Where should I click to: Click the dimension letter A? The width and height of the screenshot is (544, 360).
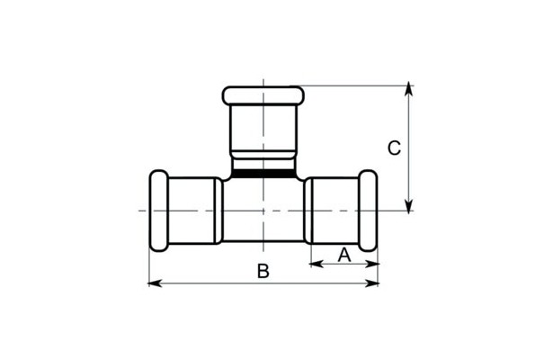click(344, 256)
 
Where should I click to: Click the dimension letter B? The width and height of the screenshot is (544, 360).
click(263, 271)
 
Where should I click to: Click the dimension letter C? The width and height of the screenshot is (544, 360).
click(394, 148)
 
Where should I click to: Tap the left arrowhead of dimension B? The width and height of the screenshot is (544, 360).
click(155, 283)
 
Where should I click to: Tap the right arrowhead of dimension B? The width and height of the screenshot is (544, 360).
click(372, 283)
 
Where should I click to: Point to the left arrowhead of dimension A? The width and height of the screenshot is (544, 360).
click(317, 265)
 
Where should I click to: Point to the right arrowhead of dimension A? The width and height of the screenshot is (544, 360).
click(372, 265)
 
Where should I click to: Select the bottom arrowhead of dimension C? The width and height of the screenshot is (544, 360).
click(409, 205)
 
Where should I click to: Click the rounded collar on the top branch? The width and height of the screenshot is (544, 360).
click(263, 95)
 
